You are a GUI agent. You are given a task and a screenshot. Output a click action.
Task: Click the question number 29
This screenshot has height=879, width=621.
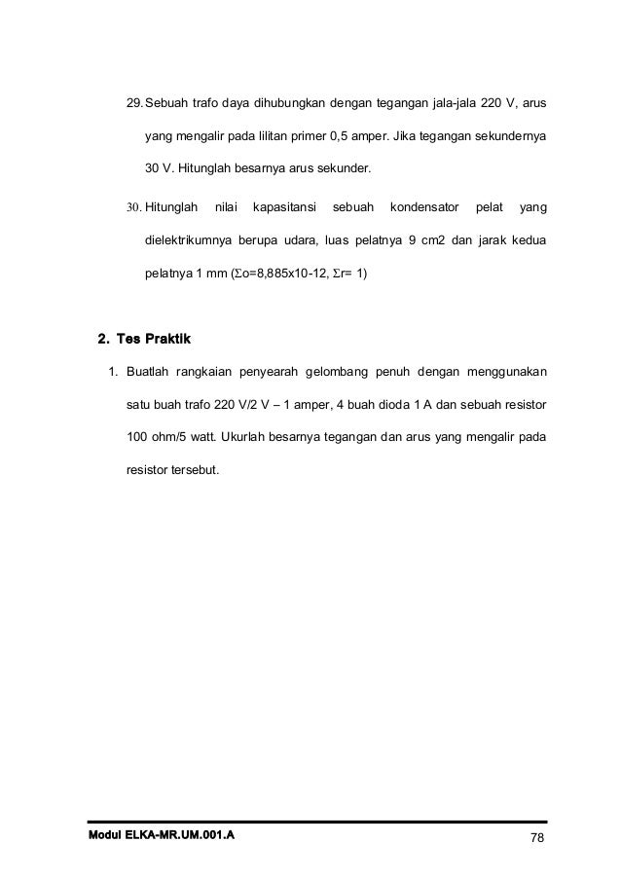[134, 103]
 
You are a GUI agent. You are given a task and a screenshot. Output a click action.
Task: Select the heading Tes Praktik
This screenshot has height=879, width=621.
[154, 340]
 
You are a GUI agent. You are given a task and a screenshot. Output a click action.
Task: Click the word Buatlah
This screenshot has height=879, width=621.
[148, 371]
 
